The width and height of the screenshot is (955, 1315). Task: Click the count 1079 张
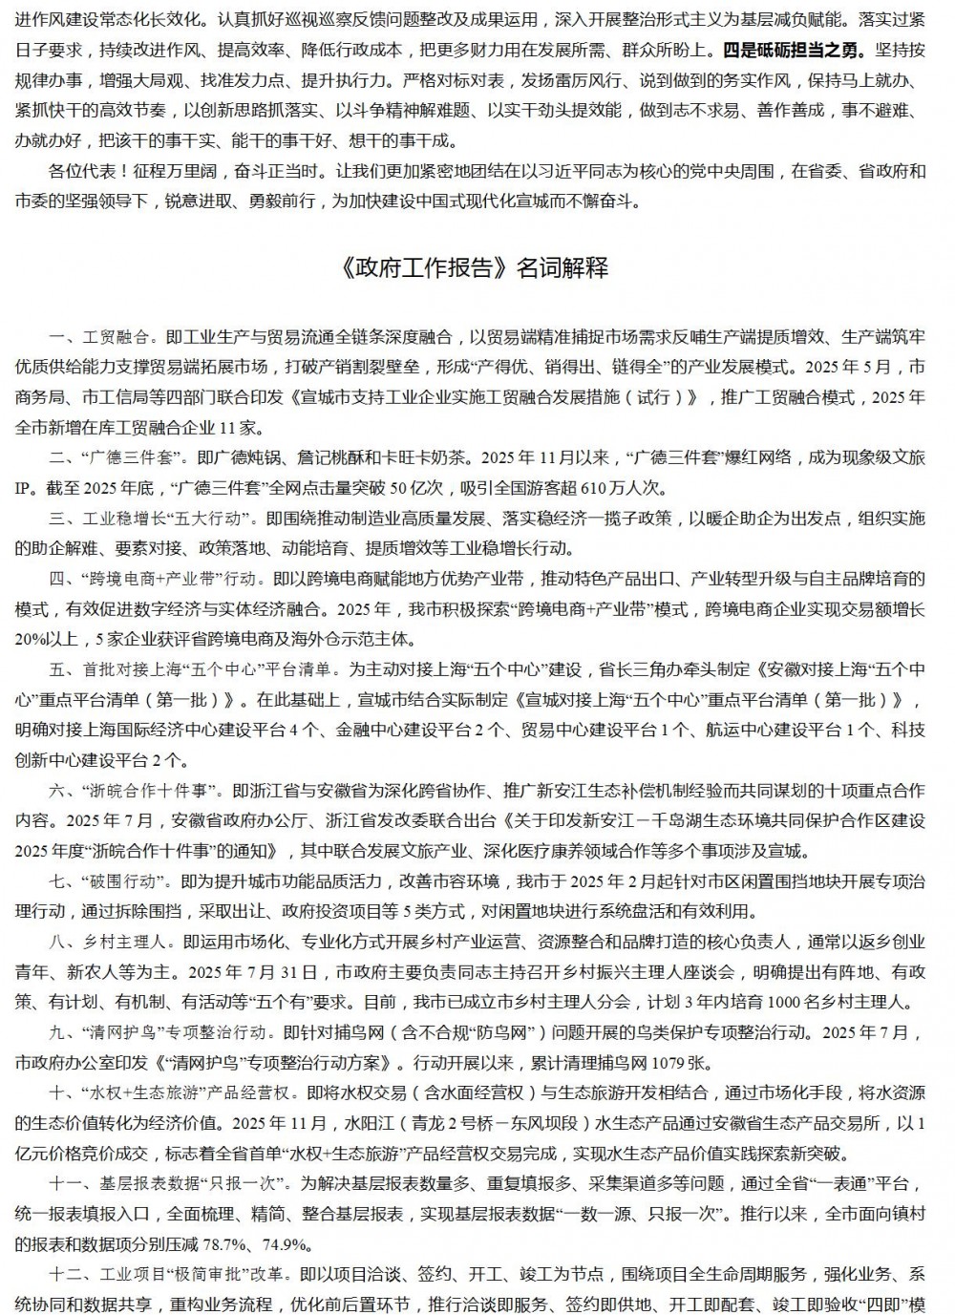(x=674, y=1062)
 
